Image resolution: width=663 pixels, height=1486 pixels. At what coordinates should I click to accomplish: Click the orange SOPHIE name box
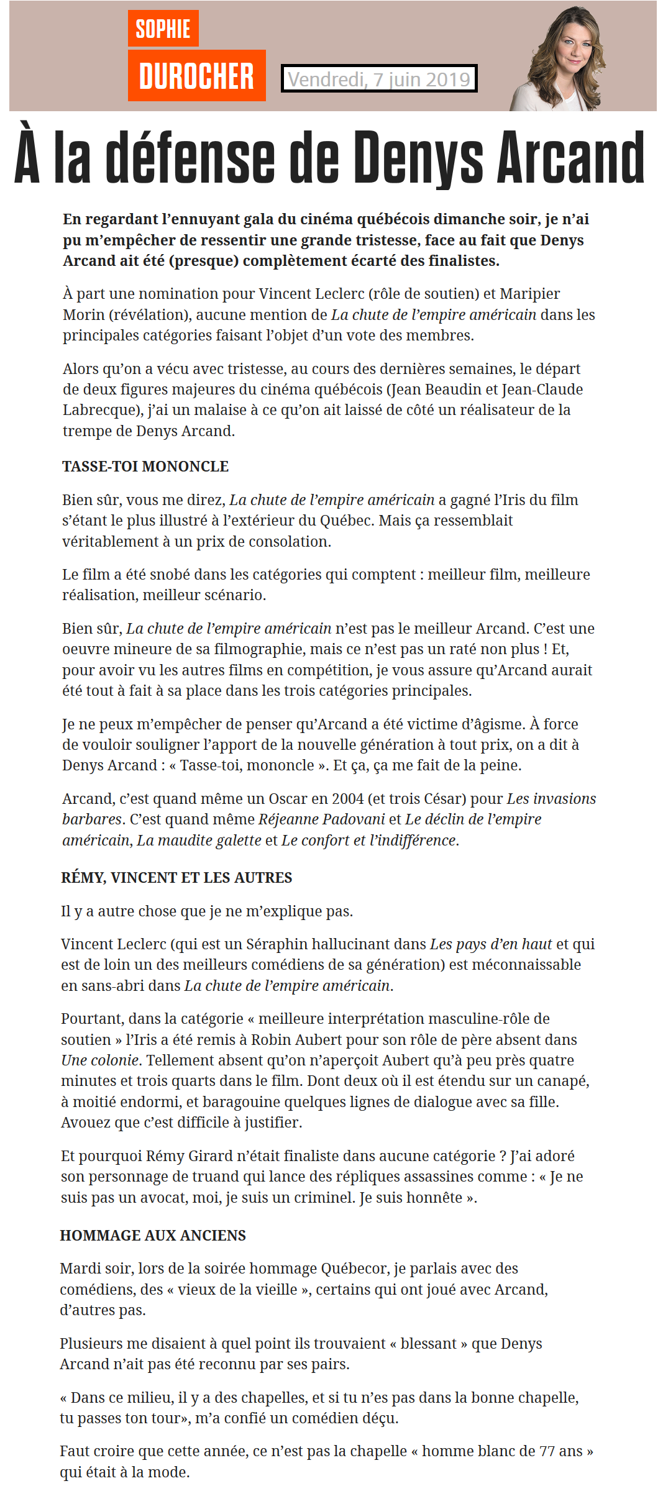(x=163, y=29)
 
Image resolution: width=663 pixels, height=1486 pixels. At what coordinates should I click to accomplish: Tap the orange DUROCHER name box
(x=196, y=76)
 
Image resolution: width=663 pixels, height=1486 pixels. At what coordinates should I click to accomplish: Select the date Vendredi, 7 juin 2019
(x=379, y=79)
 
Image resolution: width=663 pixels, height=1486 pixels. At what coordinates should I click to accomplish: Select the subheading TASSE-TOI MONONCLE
(x=145, y=467)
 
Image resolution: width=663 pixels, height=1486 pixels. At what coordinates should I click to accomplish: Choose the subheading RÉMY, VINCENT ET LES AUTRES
(x=176, y=878)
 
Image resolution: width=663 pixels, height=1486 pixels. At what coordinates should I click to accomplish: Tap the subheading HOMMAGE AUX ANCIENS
(x=153, y=1236)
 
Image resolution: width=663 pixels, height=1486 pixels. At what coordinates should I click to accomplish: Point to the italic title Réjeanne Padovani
(x=321, y=819)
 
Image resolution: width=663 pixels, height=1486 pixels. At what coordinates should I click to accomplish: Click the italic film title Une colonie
(x=99, y=1060)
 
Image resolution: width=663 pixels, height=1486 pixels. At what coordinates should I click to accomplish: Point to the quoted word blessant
(x=429, y=1344)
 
